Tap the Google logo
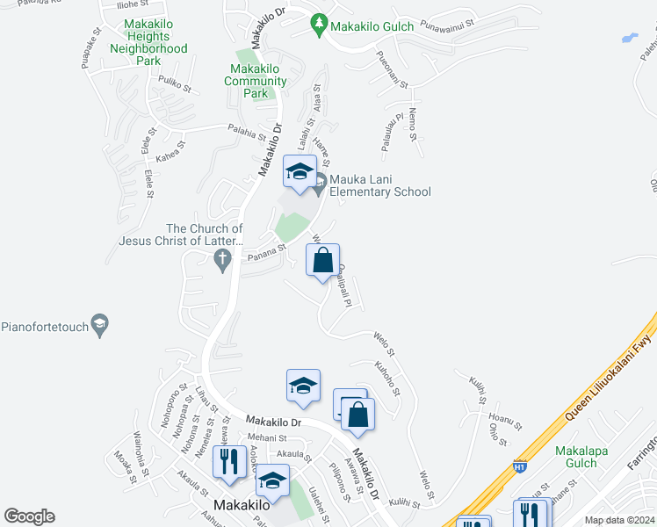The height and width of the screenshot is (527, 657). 29,516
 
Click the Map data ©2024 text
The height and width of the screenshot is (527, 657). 618,520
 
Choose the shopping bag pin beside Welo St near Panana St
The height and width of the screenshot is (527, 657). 323,260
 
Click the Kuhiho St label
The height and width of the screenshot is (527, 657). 387,379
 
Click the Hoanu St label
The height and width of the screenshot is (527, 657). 505,422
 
